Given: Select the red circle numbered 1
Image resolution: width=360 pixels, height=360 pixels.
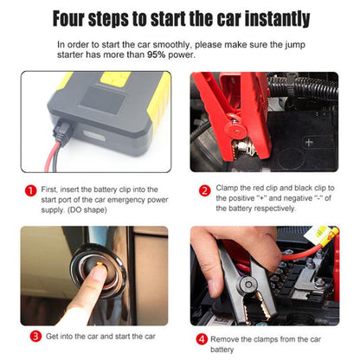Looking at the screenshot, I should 29,190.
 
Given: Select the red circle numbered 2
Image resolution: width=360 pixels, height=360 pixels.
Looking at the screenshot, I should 205,190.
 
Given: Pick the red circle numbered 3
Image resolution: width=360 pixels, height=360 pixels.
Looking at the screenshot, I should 35,335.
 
